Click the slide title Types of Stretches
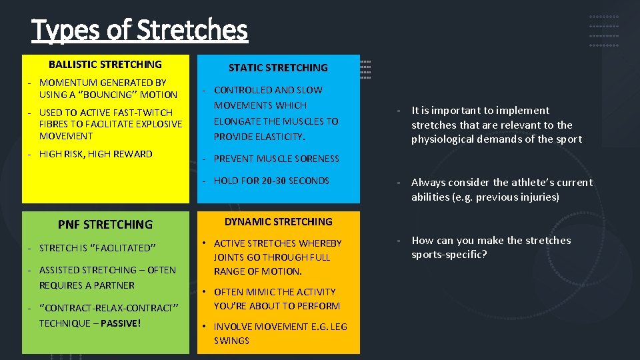pyautogui.click(x=139, y=30)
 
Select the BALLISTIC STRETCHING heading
pyautogui.click(x=105, y=65)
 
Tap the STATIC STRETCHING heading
pyautogui.click(x=278, y=67)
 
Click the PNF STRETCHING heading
pyautogui.click(x=105, y=225)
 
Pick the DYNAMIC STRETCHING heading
pyautogui.click(x=278, y=222)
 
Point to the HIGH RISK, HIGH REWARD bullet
pyautogui.click(x=95, y=154)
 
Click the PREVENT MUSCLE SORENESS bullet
pyautogui.click(x=276, y=159)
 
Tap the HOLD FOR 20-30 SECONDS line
pyautogui.click(x=271, y=181)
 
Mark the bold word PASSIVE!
pyautogui.click(x=121, y=323)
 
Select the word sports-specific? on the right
pyautogui.click(x=449, y=255)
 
